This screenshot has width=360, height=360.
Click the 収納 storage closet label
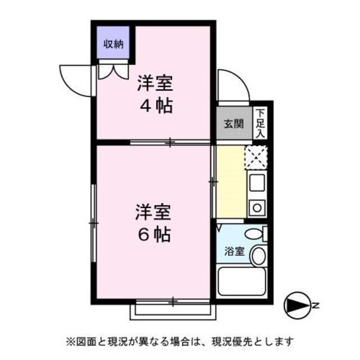(x=114, y=43)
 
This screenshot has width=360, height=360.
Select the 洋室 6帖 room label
(x=152, y=222)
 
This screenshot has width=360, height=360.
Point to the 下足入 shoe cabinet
(x=260, y=124)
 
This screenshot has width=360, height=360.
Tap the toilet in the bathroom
(x=255, y=233)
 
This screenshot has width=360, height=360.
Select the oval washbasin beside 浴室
(x=259, y=256)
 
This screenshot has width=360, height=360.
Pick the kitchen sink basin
(x=257, y=182)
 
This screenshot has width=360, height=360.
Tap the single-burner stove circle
(x=257, y=208)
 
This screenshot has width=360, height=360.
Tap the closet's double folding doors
(x=113, y=71)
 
